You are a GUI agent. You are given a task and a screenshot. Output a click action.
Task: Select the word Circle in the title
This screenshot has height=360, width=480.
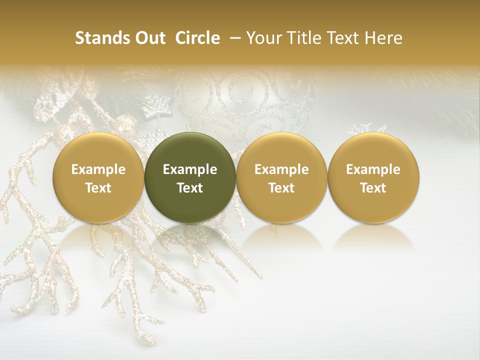(x=197, y=38)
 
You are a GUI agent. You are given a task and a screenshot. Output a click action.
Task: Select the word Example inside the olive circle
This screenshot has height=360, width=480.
(x=190, y=169)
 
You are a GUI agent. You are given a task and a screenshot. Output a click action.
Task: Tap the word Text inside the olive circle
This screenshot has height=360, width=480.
(x=190, y=188)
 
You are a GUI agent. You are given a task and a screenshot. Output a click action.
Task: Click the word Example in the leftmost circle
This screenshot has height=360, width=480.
(x=98, y=169)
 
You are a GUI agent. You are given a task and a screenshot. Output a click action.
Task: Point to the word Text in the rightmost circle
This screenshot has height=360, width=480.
(x=373, y=188)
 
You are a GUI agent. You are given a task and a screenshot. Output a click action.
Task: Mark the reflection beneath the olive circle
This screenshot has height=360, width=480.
(x=190, y=237)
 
